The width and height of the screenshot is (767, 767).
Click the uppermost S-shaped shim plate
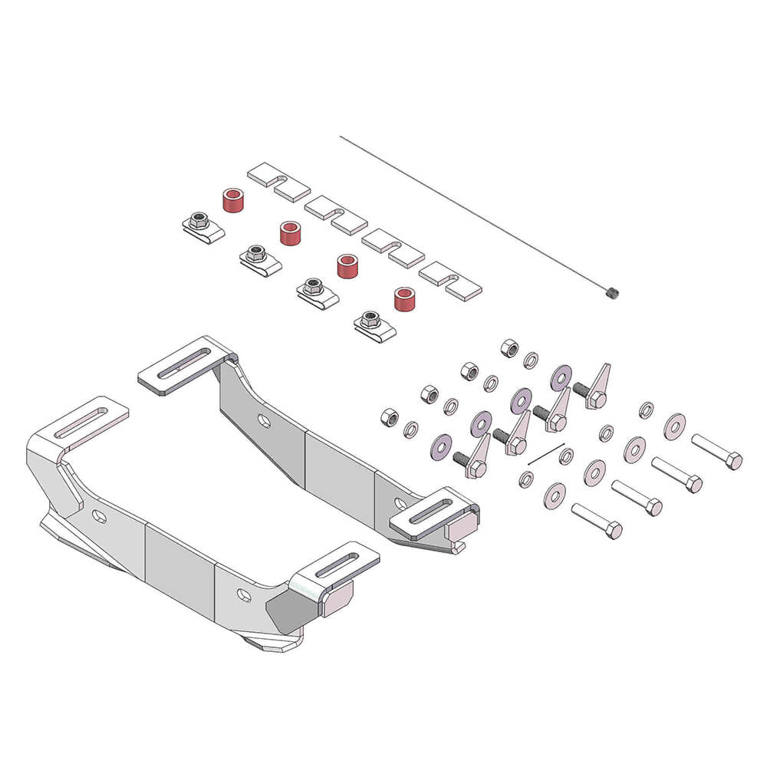tap(278, 182)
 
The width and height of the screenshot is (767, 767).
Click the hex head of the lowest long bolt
tap(612, 530)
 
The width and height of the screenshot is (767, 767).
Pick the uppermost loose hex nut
tap(509, 348)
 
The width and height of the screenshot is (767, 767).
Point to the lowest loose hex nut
tap(390, 417)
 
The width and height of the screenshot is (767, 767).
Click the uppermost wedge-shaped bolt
tap(596, 388)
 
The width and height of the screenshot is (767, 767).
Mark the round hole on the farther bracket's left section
tap(263, 420)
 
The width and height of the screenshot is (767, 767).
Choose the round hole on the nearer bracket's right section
tap(243, 595)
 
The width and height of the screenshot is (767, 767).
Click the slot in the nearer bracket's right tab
tap(337, 566)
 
